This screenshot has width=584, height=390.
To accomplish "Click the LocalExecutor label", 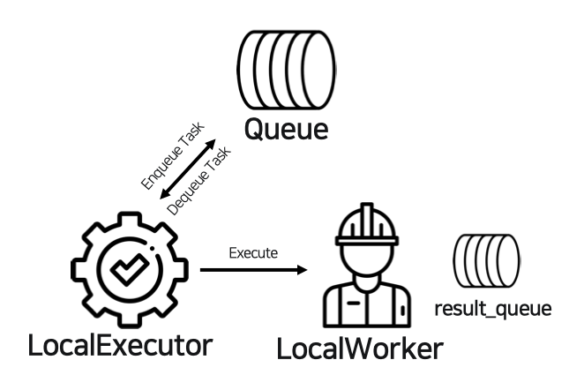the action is (120, 344).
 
